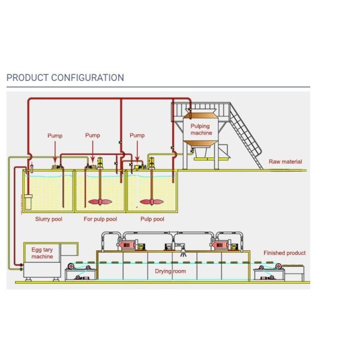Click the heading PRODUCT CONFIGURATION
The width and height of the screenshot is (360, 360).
tap(65, 77)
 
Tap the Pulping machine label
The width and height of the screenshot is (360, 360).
tap(201, 130)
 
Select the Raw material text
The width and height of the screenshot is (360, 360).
tap(285, 161)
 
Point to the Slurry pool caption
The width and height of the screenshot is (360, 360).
tap(49, 219)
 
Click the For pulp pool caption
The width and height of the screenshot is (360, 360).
tap(100, 219)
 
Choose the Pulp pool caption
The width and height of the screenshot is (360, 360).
tap(152, 219)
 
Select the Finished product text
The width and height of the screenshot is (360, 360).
tap(284, 253)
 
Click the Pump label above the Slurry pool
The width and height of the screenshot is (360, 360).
tap(55, 136)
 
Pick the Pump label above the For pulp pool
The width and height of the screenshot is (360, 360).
tap(92, 136)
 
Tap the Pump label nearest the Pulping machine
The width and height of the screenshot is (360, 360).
tap(137, 136)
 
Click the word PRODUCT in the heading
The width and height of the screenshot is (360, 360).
tap(27, 77)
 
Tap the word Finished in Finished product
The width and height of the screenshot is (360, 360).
tap(274, 253)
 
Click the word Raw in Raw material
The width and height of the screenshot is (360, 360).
tap(274, 161)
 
